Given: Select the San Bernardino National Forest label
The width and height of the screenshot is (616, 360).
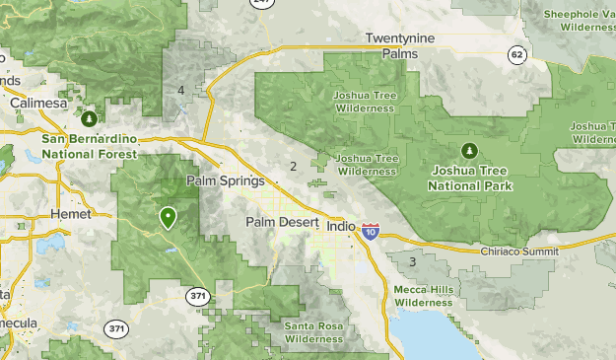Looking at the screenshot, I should coord(90,146).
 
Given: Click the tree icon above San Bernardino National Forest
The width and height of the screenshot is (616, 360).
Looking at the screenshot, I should coord(90,119).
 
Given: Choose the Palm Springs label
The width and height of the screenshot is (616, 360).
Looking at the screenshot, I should coord(226,181).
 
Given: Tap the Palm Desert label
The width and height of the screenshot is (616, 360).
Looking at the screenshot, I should coord(281,223).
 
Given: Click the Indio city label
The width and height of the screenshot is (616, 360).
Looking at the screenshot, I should coord(339,226).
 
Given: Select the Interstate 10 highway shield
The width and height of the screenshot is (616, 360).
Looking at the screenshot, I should coord(370,233).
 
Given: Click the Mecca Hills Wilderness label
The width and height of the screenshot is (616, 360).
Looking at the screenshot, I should coord(422,296).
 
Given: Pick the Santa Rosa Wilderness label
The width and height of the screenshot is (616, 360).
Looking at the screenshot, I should coord(314,332).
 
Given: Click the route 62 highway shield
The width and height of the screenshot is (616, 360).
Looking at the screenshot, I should coord(517,55).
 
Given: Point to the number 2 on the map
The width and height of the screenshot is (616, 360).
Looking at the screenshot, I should coord(293,166).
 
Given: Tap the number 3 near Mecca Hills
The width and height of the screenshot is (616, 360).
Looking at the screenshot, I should coord(412,261).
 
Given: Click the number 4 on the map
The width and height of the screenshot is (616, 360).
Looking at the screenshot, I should coord(181,91).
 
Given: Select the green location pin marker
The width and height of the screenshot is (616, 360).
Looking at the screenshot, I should coord(168,216).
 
